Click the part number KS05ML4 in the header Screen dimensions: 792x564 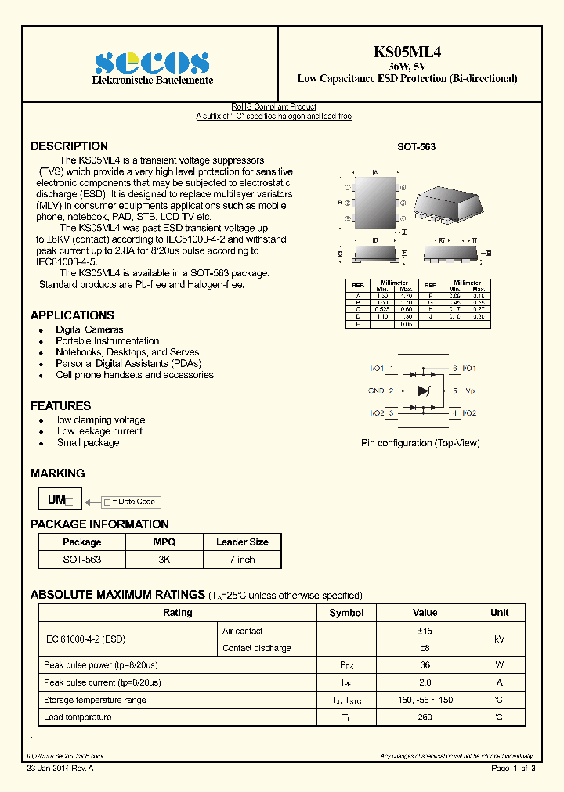(407, 52)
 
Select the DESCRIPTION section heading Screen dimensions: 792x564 (69, 146)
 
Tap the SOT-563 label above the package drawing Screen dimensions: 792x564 (416, 147)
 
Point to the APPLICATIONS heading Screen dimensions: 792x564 (72, 315)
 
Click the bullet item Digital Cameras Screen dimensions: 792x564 (89, 329)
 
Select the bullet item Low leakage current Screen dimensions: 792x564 (99, 431)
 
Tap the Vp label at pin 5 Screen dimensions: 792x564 (470, 390)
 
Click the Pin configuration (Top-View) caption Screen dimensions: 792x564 (420, 443)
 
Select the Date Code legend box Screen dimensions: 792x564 (131, 502)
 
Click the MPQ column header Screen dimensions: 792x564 (164, 542)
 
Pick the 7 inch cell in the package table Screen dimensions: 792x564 (242, 560)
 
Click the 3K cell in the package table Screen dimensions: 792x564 (164, 560)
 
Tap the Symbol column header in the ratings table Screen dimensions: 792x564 (346, 613)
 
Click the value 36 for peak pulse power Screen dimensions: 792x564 (425, 665)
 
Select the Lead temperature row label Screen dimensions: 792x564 (78, 717)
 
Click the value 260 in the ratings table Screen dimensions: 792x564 (425, 717)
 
